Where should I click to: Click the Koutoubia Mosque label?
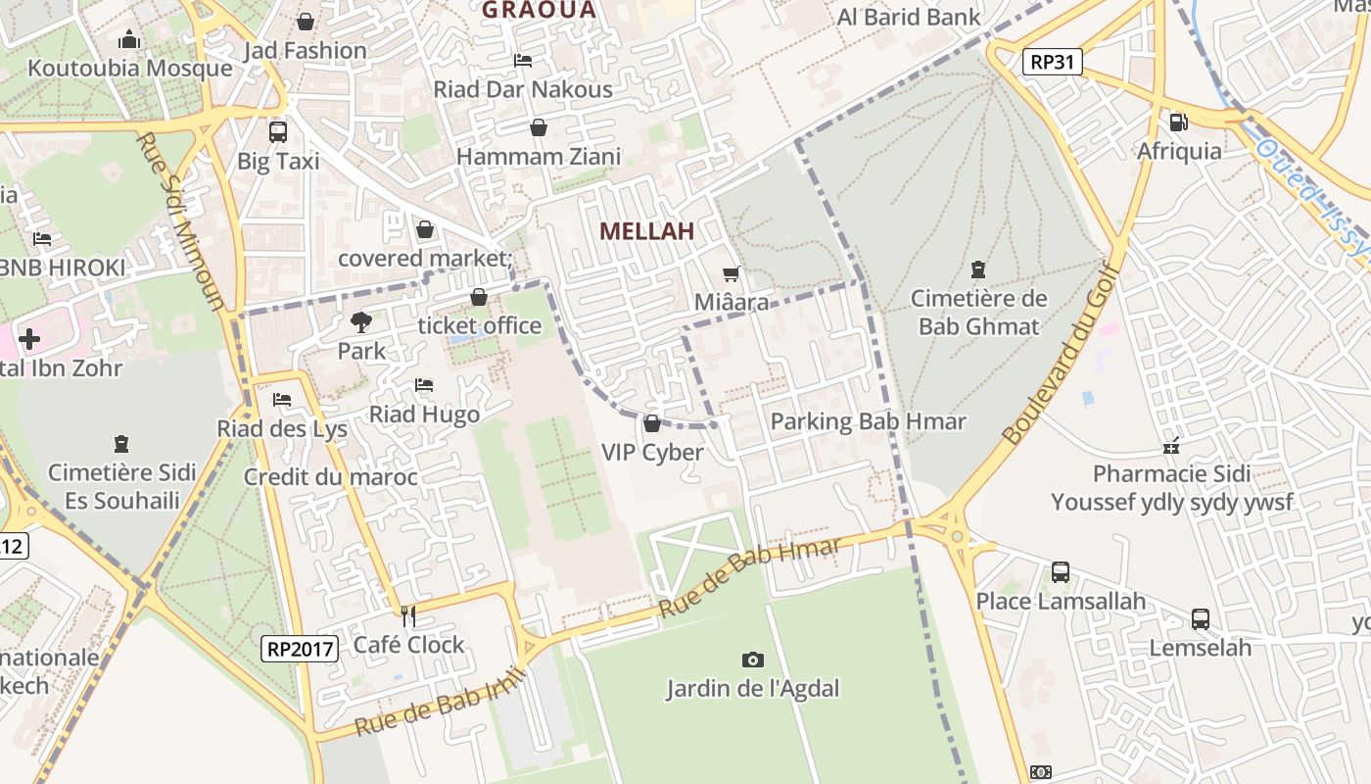coord(130,69)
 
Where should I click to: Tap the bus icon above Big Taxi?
coord(278,132)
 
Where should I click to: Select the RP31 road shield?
coord(1053,63)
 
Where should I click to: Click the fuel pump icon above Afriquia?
coord(1178,122)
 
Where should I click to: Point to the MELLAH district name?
coord(646,231)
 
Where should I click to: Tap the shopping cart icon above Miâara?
coord(731,274)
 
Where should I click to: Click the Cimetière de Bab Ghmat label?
coord(978,313)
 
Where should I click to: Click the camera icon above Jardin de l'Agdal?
coord(752,660)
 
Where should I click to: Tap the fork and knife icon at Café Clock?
coord(408,616)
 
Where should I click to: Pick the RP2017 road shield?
coord(301,648)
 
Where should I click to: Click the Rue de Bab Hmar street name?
coord(750,577)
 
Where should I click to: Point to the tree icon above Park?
coord(361,321)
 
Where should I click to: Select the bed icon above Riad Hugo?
coord(424,385)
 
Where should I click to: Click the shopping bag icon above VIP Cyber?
coord(652,423)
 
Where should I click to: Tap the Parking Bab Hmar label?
coord(868,422)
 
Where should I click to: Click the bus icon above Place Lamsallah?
coord(1061,571)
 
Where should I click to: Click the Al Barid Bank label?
coord(908,17)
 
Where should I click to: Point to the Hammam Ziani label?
coord(539,157)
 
